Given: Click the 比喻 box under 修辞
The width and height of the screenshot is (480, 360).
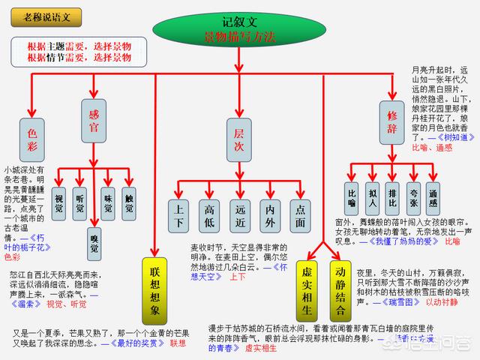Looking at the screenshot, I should [x=352, y=196].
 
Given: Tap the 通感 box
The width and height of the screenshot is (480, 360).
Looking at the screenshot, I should [x=433, y=196].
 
